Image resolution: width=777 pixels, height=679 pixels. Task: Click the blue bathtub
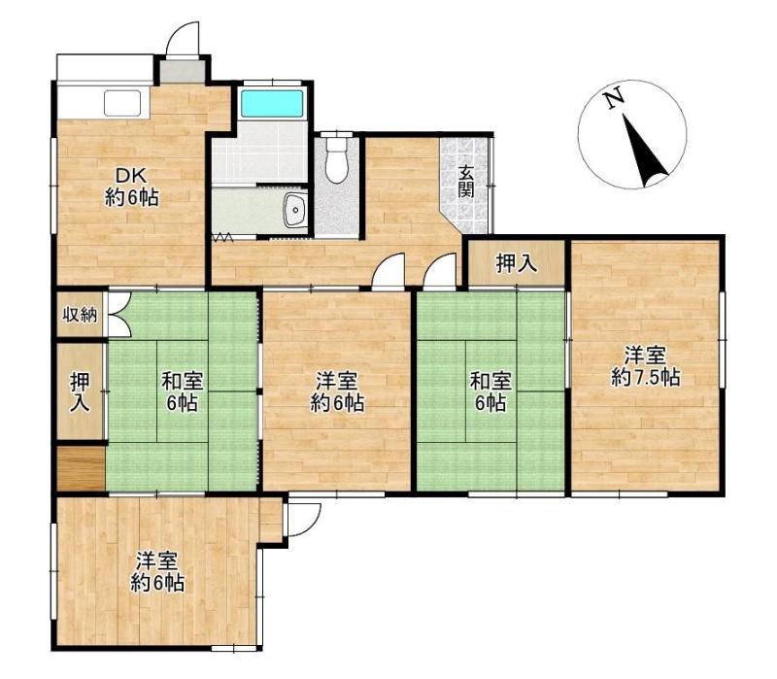272,104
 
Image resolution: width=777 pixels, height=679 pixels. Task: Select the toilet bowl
336,157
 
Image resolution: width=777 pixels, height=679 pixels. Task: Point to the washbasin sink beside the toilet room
295,210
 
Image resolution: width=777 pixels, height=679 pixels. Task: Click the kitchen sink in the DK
122,103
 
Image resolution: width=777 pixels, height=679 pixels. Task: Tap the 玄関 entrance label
465,182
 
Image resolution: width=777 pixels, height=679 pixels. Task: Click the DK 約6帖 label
131,187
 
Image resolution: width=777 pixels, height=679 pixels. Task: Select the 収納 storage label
80,315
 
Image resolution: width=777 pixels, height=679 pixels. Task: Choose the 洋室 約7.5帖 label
645,367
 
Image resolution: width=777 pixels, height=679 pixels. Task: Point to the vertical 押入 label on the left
80,391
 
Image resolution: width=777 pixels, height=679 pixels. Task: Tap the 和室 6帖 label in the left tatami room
182,392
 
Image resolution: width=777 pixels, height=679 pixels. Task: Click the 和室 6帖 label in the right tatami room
490,392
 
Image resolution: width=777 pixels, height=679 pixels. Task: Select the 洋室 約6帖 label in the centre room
337,392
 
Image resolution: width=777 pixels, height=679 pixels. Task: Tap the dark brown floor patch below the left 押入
81,468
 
